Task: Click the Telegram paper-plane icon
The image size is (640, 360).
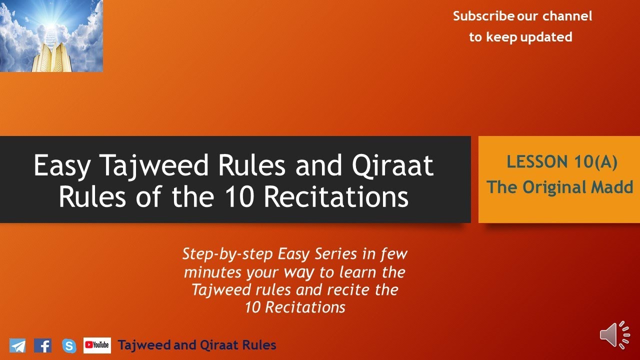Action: (17, 345)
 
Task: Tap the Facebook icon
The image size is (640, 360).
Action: (43, 345)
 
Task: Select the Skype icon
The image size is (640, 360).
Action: (69, 345)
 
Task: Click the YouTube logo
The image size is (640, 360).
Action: (97, 345)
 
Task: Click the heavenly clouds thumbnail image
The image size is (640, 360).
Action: (51, 36)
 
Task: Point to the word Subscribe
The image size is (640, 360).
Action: (483, 16)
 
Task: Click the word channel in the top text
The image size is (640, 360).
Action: (567, 16)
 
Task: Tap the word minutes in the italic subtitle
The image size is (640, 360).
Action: (212, 272)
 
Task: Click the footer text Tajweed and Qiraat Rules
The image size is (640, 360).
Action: (197, 345)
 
